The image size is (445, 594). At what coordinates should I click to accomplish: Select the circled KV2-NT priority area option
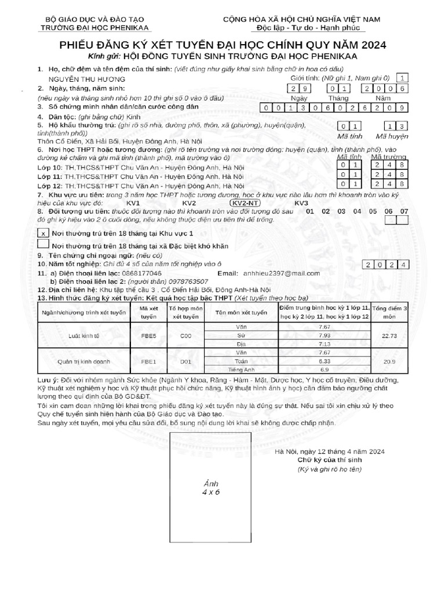(x=246, y=203)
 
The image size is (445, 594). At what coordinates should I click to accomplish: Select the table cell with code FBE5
(x=149, y=336)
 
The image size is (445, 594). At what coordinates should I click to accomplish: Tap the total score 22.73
(x=389, y=335)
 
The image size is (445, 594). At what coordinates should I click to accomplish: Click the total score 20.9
(x=389, y=361)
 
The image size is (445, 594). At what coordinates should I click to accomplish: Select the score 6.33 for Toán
(x=324, y=361)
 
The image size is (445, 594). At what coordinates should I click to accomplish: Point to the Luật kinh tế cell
(x=82, y=336)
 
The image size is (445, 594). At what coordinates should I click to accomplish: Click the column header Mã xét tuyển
(x=149, y=313)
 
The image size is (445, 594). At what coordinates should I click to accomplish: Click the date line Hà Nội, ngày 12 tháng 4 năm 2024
(x=329, y=451)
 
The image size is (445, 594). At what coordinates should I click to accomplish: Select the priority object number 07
(x=404, y=212)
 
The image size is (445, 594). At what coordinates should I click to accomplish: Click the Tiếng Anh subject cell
(x=242, y=369)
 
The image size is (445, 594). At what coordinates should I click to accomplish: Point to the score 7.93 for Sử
(x=324, y=335)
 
